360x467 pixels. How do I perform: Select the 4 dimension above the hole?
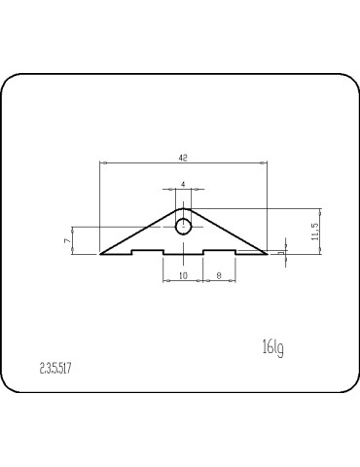183,184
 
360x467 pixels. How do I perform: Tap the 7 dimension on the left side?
66,239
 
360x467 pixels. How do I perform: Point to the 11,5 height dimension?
313,232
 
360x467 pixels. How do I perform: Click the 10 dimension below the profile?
183,275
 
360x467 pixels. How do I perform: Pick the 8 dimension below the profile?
219,275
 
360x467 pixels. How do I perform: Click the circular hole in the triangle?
183,227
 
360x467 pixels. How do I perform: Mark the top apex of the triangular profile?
183,206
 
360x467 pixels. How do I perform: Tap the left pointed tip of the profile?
101,253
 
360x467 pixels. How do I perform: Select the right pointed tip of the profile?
265,253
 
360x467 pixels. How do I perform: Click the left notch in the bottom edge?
147,251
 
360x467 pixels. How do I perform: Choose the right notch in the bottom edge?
219,251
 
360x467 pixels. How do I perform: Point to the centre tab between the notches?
183,254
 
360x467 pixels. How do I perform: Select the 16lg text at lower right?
272,346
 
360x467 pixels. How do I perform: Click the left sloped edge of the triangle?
141,231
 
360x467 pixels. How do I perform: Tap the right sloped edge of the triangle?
225,231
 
